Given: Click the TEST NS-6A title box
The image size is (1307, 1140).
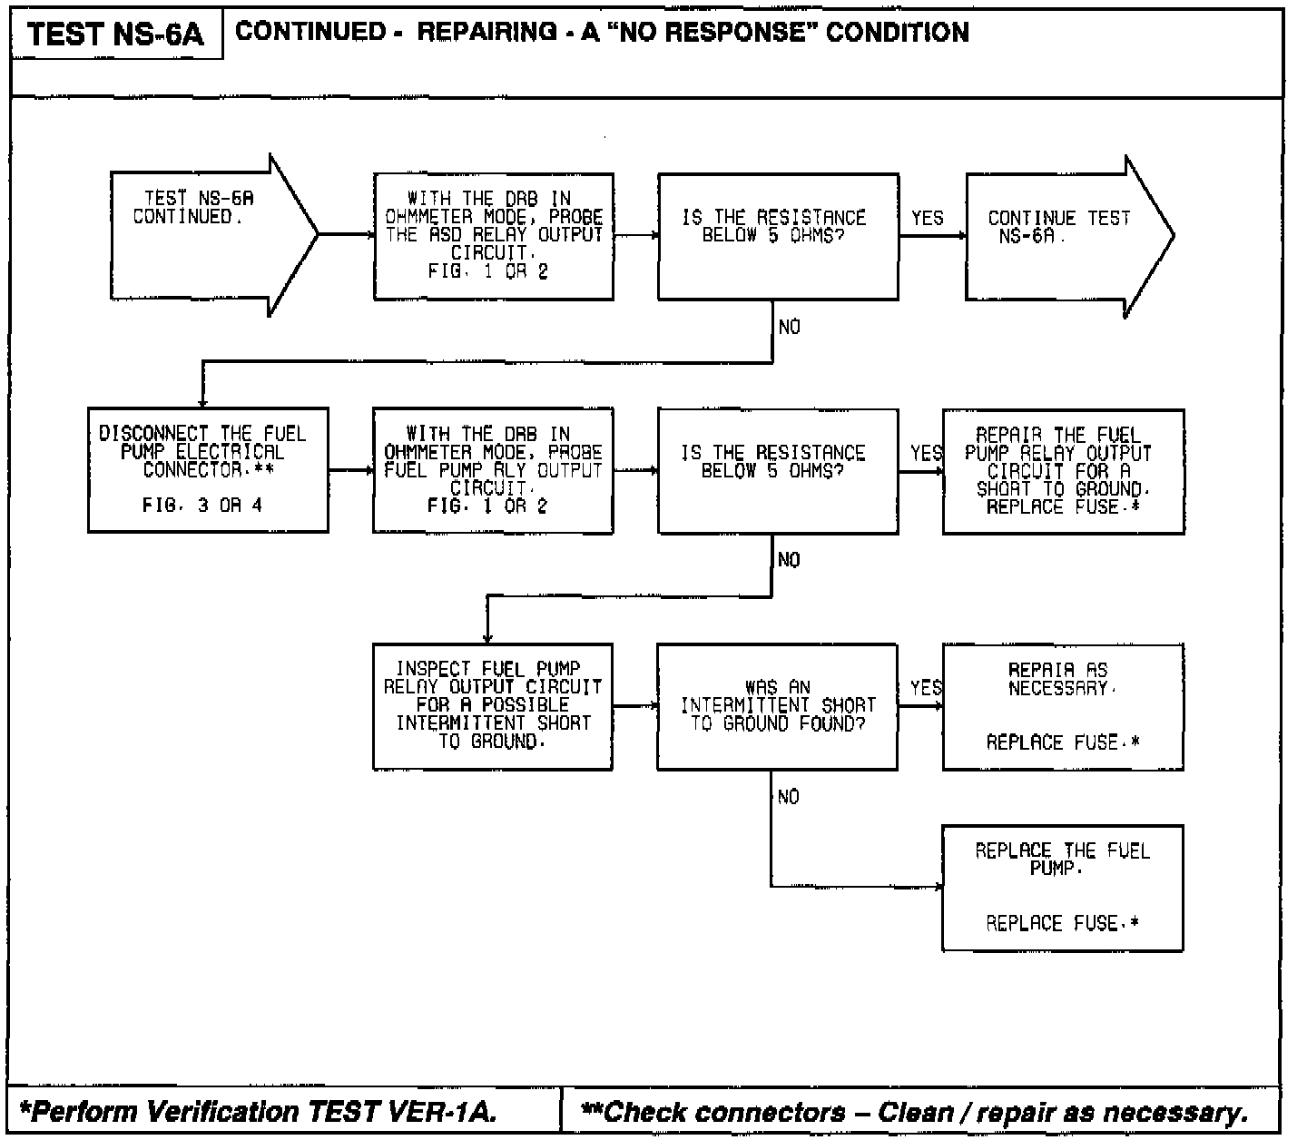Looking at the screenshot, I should click(x=115, y=34).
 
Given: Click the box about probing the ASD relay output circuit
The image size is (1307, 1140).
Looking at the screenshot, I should click(x=494, y=236).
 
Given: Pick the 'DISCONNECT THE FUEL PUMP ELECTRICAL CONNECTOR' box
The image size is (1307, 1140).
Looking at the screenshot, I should click(x=208, y=470).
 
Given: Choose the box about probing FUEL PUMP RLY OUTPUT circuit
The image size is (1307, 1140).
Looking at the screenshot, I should click(x=493, y=470).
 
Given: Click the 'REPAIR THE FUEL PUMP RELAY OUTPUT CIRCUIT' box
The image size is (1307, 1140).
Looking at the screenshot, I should click(x=1063, y=470).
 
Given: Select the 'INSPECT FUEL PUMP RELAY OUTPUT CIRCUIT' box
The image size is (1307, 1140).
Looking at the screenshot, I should click(x=493, y=706).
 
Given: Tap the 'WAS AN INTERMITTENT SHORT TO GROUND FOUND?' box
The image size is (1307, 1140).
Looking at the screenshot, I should click(x=777, y=706).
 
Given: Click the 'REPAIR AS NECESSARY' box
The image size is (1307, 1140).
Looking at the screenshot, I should click(x=1063, y=706).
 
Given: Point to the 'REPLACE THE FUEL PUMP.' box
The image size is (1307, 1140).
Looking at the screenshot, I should click(x=1063, y=888).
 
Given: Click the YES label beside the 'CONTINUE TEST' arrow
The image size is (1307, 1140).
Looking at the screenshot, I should click(x=927, y=218).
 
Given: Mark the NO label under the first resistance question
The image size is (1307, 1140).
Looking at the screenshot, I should click(x=789, y=327).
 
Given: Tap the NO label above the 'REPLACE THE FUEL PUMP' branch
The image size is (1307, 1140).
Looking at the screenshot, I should click(x=788, y=797).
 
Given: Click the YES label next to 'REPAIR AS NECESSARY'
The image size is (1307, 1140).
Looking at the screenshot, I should click(x=926, y=688).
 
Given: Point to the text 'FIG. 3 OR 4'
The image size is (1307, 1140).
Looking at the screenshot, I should click(x=202, y=505).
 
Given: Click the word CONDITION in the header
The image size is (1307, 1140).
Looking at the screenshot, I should click(x=897, y=33).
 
